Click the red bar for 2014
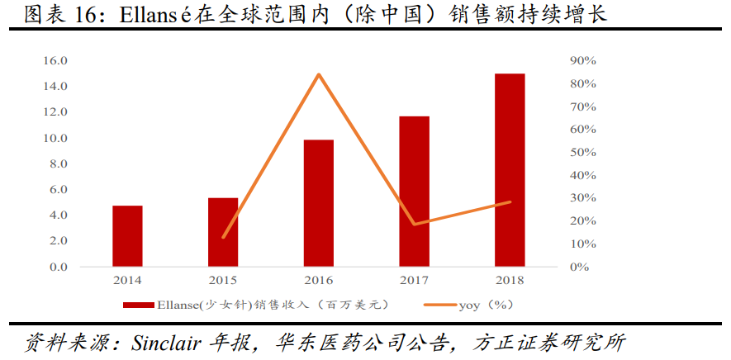tap(128, 236)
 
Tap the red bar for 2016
tap(319, 203)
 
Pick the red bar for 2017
tap(415, 192)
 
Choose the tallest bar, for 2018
tap(510, 170)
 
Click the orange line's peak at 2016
tap(319, 74)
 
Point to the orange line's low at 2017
tap(415, 224)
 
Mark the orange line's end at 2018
tap(510, 201)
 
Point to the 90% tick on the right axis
tap(582, 61)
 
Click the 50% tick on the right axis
tap(582, 153)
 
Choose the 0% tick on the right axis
tap(580, 267)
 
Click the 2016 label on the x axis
tap(319, 281)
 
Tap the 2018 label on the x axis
tap(510, 281)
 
